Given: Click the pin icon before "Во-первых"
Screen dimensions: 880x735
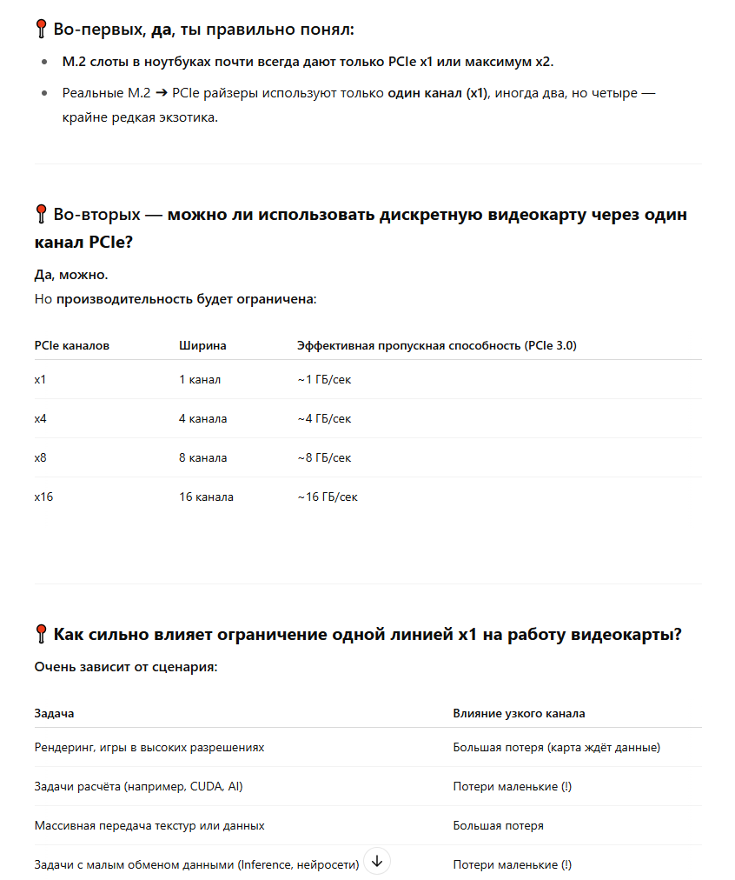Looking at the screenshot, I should click(42, 30).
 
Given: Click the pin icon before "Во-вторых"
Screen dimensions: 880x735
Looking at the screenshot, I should click(42, 215).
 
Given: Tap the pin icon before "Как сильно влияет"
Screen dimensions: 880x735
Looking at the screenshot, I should click(42, 635).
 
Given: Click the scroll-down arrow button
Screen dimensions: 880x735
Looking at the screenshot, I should click(377, 861).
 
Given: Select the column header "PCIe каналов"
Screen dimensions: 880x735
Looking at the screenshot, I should click(72, 345).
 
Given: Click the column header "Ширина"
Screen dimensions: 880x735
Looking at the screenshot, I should click(202, 345).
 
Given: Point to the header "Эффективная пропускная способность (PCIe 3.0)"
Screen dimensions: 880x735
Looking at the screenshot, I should click(437, 345).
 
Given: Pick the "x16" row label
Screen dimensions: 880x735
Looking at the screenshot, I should click(43, 497).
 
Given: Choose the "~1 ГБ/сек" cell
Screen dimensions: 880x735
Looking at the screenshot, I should click(324, 380).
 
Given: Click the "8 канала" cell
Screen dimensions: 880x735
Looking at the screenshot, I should click(203, 457).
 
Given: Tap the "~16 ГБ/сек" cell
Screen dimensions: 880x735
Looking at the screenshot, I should click(328, 497).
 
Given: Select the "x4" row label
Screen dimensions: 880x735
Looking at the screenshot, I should click(41, 418).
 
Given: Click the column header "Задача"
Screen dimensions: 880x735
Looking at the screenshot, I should click(54, 713).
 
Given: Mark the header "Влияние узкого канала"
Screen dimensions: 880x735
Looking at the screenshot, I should click(519, 713).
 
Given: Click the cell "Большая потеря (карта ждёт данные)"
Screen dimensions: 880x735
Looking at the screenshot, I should click(556, 747).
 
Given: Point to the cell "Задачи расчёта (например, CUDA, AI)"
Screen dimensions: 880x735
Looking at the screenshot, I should click(138, 786).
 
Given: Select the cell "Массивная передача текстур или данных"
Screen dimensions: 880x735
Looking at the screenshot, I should click(149, 825).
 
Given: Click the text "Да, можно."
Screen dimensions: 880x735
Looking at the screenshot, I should click(71, 275).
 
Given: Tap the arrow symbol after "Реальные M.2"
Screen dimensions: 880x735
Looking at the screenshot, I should click(163, 92).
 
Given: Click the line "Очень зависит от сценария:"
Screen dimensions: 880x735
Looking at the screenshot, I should click(125, 667).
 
